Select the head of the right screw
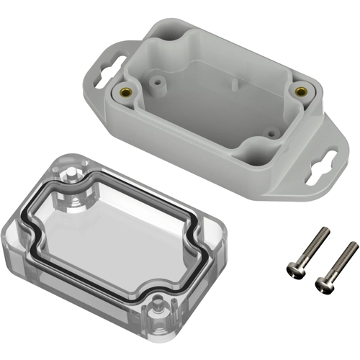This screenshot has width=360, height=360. pyautogui.click(x=323, y=287)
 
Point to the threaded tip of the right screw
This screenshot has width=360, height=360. pyautogui.click(x=352, y=246)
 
